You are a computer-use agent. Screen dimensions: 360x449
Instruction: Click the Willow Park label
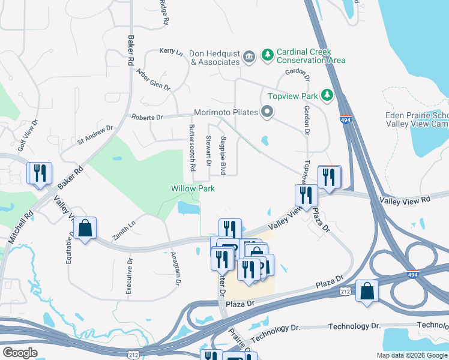tap(193, 188)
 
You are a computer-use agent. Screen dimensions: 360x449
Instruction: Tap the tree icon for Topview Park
tap(327, 95)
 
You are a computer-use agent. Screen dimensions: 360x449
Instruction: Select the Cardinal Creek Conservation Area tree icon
tap(267, 55)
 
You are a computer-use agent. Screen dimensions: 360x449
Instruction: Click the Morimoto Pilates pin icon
tap(267, 112)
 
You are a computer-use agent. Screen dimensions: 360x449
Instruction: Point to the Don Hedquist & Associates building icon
tap(249, 57)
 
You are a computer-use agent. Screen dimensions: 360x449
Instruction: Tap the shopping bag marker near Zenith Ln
tap(85, 228)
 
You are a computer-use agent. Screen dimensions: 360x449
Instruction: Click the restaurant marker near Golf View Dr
tap(40, 173)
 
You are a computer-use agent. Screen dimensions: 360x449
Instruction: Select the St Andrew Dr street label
tap(95, 135)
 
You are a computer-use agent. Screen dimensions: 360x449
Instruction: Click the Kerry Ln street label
tap(171, 52)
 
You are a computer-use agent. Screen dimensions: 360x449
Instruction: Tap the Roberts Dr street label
tap(146, 118)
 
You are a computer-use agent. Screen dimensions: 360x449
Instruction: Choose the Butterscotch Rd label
tap(192, 148)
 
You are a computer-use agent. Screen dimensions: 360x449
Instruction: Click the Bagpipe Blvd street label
tap(223, 155)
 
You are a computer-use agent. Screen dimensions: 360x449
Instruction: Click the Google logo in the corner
tap(20, 353)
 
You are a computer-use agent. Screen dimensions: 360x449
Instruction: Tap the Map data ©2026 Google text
tap(412, 355)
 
